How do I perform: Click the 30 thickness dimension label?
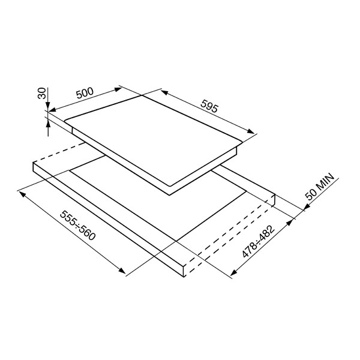click(x=42, y=93)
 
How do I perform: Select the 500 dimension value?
click(x=85, y=92)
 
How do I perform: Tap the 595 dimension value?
click(x=209, y=106)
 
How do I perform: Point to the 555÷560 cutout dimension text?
click(x=77, y=226)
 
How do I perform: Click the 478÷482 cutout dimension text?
click(x=258, y=241)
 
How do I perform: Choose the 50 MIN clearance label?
click(x=320, y=187)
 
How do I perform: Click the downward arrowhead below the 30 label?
click(x=48, y=106)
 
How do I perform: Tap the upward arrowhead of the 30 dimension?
click(x=48, y=124)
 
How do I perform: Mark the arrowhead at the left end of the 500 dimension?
click(x=52, y=110)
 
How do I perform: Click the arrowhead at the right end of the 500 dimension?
click(x=118, y=89)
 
